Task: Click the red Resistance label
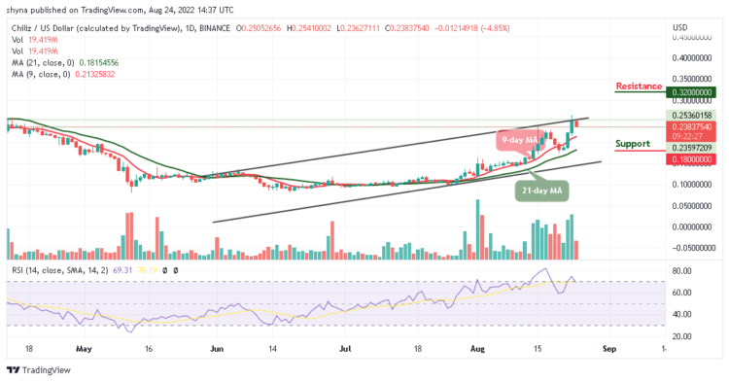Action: point(639,86)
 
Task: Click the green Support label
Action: point(633,143)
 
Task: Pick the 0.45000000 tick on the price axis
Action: point(692,37)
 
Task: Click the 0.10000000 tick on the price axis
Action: point(692,184)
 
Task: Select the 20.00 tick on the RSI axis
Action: point(681,335)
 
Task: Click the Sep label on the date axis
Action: point(609,347)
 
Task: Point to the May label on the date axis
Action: point(83,347)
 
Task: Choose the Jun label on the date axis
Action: point(217,347)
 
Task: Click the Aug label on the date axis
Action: point(476,347)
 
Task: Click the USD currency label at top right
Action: point(680,25)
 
